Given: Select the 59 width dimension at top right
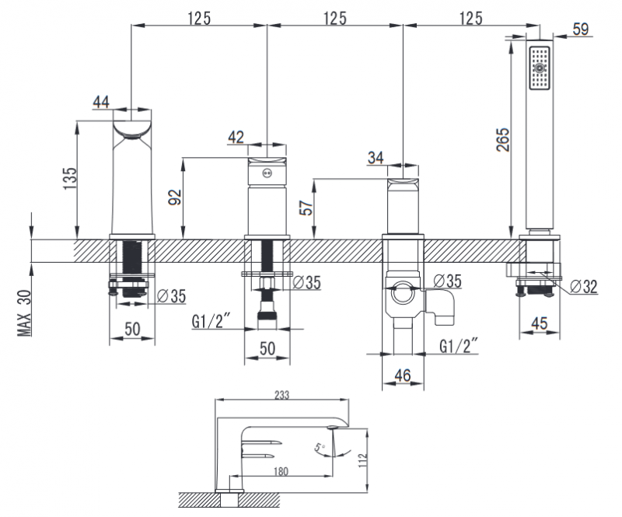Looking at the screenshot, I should click(580, 30).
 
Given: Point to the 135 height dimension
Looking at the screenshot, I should click(69, 181).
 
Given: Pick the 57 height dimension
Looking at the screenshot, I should click(306, 207).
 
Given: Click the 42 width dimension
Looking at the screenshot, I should click(236, 137).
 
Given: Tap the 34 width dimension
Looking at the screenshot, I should click(376, 158).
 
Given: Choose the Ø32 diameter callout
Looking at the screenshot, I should click(583, 286).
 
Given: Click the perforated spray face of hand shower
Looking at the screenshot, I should click(538, 69).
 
